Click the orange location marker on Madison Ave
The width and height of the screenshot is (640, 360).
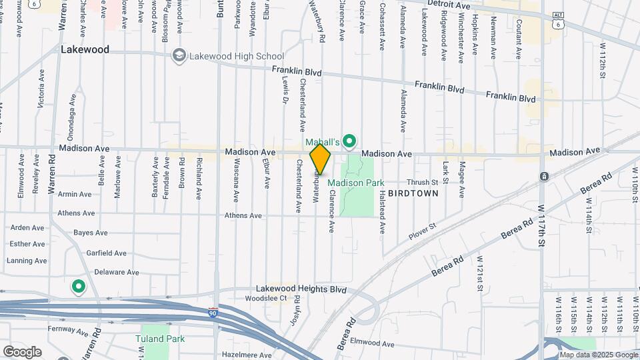321,159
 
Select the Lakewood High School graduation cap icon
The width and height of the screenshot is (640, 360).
179,56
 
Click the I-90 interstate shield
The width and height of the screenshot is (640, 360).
212,312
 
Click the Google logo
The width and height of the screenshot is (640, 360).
21,351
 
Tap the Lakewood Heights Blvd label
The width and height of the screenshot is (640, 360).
302,289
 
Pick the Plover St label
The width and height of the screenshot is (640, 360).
422,231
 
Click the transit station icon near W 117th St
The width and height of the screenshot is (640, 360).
544,177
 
